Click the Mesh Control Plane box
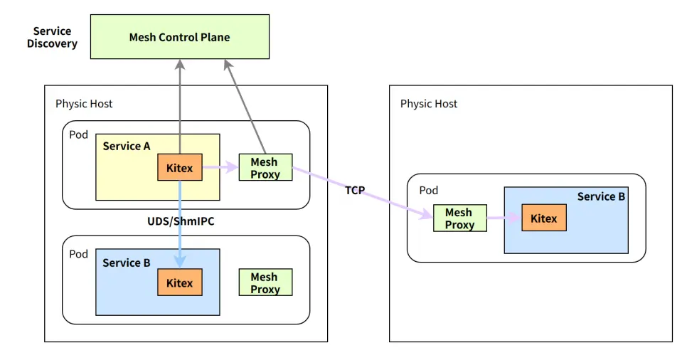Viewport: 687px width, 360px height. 179,37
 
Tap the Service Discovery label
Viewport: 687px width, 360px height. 52,38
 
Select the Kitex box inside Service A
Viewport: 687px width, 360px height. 179,168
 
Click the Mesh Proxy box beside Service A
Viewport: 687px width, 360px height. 265,168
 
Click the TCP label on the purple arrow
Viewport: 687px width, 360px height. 355,190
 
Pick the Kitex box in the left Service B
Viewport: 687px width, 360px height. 179,283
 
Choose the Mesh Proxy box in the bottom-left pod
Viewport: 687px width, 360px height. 265,283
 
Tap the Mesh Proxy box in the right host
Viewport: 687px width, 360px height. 459,218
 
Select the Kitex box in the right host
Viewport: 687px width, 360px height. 544,218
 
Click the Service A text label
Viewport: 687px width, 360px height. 127,146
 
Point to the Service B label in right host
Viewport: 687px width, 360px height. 601,196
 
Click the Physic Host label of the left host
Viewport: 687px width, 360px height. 84,104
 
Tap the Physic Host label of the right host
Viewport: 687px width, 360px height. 429,104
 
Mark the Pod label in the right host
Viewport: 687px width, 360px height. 429,191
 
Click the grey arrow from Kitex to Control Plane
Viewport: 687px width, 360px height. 180,107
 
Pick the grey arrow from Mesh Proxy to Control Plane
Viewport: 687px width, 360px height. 244,107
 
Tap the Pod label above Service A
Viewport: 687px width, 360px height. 79,134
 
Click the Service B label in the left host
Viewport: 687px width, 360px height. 127,263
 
